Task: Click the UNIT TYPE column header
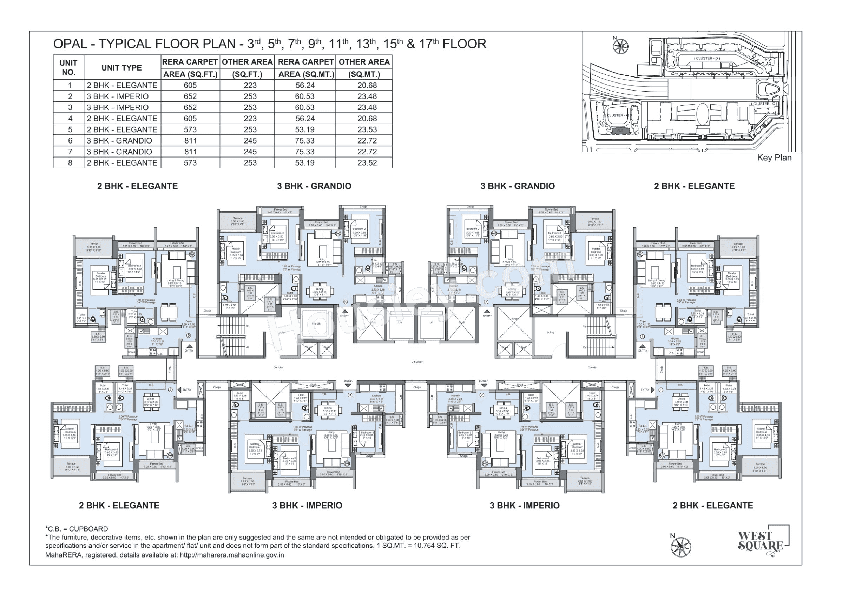[x=122, y=68]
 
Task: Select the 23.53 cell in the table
[x=367, y=130]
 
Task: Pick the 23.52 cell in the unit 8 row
[x=367, y=163]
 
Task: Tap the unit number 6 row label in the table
[x=70, y=141]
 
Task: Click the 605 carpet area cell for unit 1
[x=190, y=85]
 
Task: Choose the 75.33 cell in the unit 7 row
[x=305, y=152]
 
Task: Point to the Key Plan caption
[x=774, y=158]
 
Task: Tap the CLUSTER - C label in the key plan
[x=764, y=104]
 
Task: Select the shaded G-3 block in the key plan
[x=620, y=131]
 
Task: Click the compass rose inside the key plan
[x=620, y=46]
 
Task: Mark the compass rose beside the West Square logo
[x=680, y=547]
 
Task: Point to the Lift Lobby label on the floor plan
[x=416, y=362]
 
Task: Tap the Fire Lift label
[x=316, y=324]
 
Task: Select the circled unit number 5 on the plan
[x=189, y=335]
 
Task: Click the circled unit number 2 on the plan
[x=482, y=395]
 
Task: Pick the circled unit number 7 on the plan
[x=486, y=302]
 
